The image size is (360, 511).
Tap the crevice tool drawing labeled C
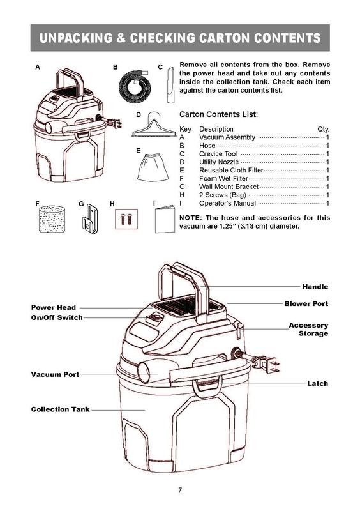click(170, 85)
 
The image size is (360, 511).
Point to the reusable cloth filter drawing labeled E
click(153, 168)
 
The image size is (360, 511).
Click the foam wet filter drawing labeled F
click(52, 219)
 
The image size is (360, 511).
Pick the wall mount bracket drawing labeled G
click(90, 219)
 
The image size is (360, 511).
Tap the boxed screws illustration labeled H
click(126, 219)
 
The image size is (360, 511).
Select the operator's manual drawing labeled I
click(165, 219)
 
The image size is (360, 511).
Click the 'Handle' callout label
click(315, 287)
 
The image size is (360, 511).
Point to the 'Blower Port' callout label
click(306, 304)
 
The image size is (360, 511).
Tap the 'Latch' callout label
click(318, 383)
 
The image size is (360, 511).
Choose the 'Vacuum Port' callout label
click(55, 374)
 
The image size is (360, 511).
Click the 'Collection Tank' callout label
click(60, 409)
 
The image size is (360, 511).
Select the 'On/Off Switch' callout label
click(57, 317)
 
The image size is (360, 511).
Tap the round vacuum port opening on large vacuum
click(144, 372)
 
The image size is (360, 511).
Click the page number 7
click(180, 490)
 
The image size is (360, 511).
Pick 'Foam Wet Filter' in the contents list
click(223, 179)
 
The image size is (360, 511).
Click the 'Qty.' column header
click(323, 129)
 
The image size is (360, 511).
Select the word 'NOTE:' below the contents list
click(191, 218)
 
